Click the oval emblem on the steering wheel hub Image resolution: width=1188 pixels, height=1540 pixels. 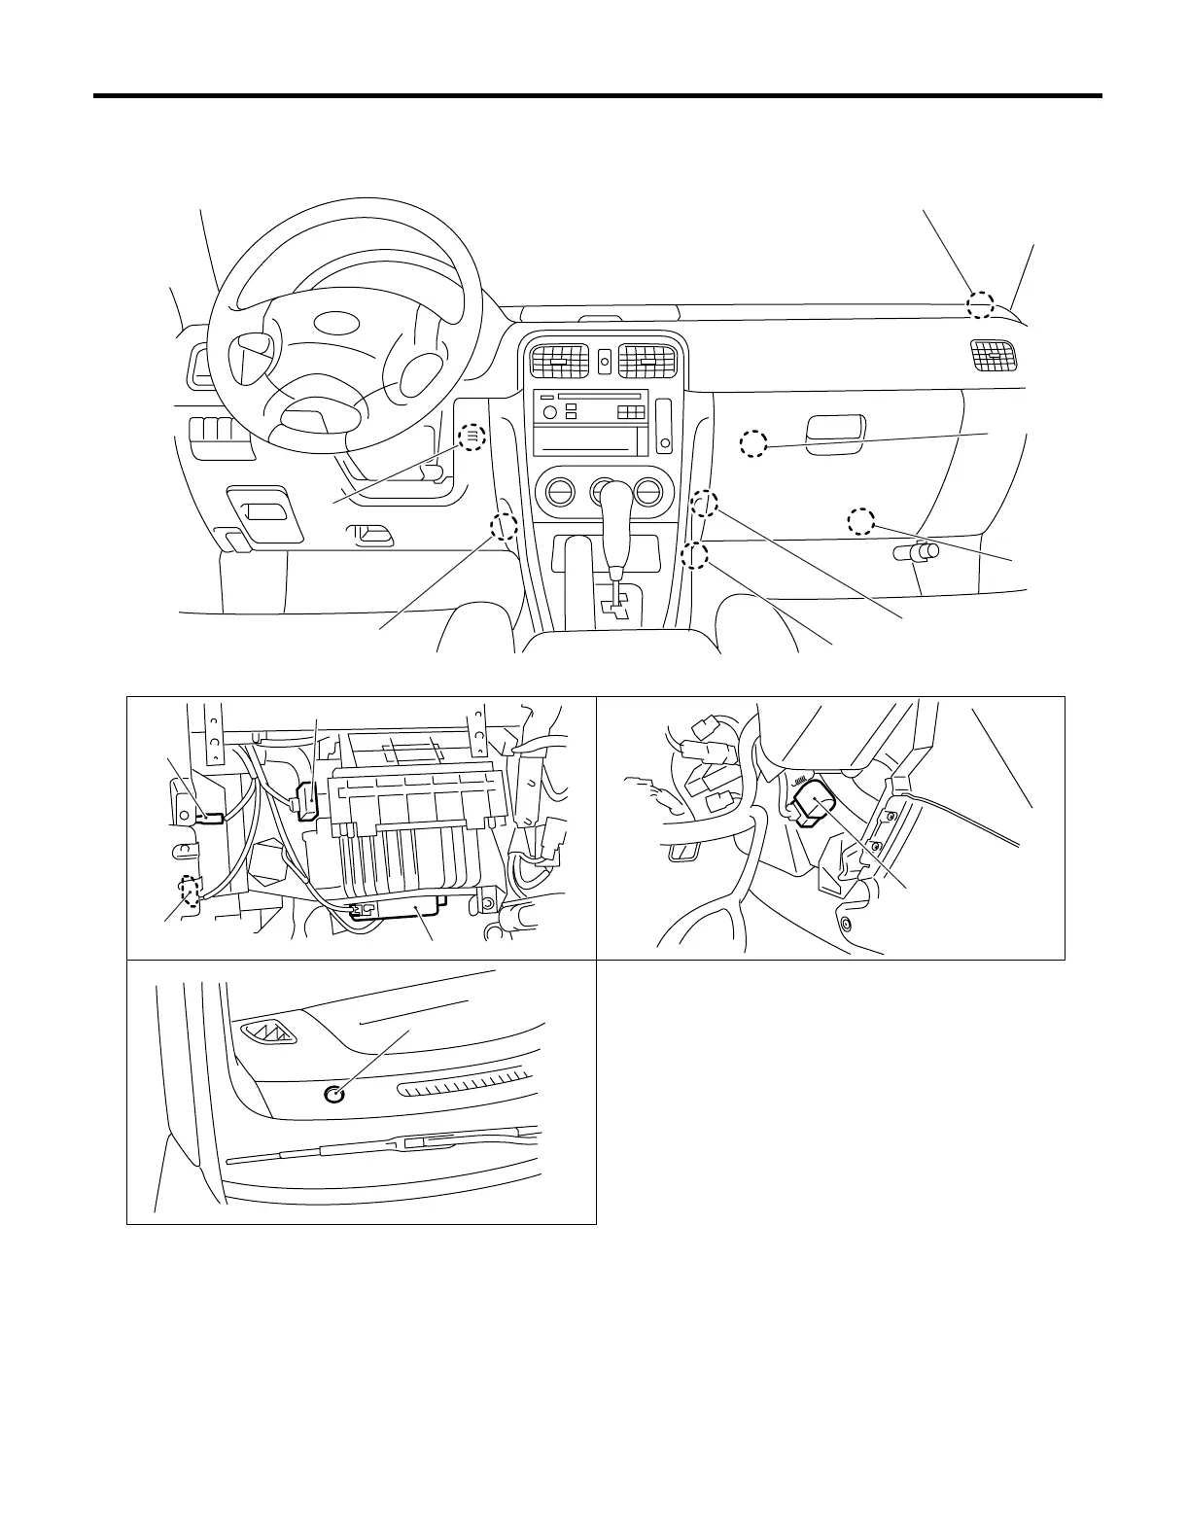(x=337, y=323)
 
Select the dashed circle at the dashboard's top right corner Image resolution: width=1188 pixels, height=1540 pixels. (x=980, y=304)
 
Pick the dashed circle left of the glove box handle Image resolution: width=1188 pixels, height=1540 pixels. (x=753, y=444)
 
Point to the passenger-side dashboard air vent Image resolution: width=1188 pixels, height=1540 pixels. (x=995, y=357)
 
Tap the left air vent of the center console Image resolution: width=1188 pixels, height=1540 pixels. (x=559, y=362)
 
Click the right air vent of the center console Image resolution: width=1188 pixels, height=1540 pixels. (x=648, y=362)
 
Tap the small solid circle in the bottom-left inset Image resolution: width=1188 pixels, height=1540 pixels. (x=333, y=1095)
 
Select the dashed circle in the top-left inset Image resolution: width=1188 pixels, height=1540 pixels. (x=192, y=892)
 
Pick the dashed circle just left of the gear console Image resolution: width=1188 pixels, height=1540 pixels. (x=504, y=527)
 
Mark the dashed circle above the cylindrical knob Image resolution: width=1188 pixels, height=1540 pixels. (x=860, y=521)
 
